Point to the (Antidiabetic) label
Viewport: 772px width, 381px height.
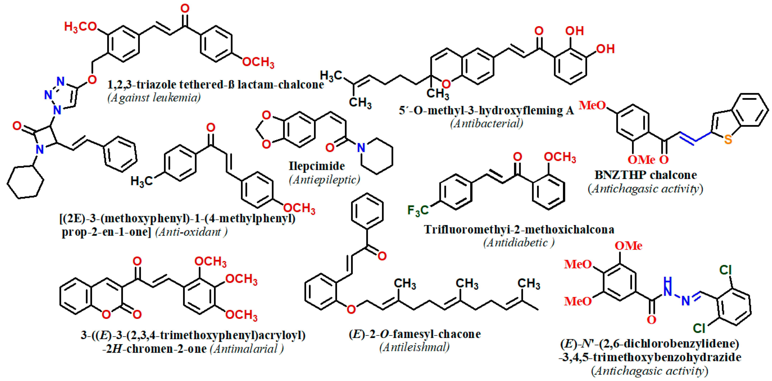coord(519,242)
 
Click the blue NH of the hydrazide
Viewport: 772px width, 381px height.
coord(667,287)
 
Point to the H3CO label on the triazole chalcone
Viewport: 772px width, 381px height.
coord(80,27)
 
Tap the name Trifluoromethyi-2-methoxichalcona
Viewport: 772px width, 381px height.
coord(519,229)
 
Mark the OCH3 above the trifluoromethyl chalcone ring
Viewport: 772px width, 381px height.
coord(560,157)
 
